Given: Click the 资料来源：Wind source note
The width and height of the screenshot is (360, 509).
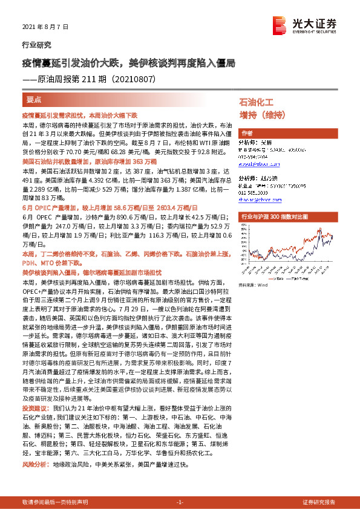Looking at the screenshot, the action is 253,284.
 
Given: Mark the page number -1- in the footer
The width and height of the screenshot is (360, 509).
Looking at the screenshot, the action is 180,502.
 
